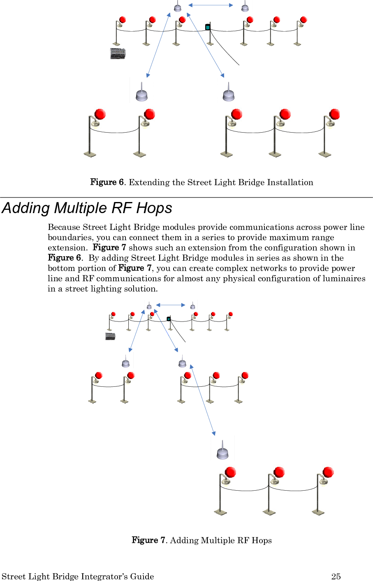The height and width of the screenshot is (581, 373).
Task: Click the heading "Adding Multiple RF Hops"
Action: click(x=87, y=208)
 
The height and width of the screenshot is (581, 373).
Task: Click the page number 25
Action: click(x=336, y=576)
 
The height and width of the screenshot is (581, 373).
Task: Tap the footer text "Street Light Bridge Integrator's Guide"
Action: click(x=78, y=576)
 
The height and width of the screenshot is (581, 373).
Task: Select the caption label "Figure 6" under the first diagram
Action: click(x=107, y=182)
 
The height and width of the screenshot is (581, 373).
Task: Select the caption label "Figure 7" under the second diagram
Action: click(x=148, y=540)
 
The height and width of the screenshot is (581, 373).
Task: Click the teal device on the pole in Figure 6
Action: click(x=208, y=27)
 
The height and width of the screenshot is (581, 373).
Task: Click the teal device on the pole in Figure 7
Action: click(x=169, y=319)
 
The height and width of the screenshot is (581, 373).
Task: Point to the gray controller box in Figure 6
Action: click(x=118, y=53)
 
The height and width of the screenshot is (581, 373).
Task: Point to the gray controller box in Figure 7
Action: click(x=110, y=336)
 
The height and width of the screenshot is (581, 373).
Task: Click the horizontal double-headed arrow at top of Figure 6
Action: click(x=211, y=5)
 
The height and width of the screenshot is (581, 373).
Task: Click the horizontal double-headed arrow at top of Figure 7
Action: click(x=171, y=305)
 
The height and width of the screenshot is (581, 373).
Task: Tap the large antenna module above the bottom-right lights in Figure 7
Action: click(x=222, y=451)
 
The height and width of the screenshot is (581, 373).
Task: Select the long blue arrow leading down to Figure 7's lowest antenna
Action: click(x=202, y=400)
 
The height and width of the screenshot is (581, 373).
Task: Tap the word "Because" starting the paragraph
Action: click(x=64, y=227)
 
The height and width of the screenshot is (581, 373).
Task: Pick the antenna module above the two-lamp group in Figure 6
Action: click(x=141, y=93)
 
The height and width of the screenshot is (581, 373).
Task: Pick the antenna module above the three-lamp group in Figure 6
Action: click(x=229, y=94)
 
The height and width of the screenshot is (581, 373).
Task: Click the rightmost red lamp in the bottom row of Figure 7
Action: click(x=328, y=472)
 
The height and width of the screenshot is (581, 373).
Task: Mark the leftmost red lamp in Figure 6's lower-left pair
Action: click(x=100, y=114)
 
